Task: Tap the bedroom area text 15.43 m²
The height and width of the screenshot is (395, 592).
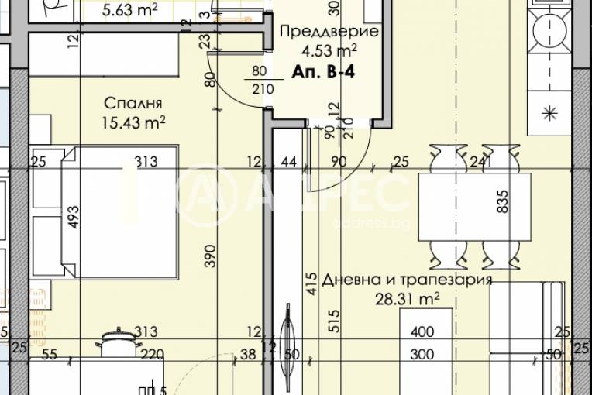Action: coord(134,122)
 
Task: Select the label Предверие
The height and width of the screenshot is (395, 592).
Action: coord(328,33)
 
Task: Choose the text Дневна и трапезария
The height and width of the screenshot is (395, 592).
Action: coord(408,280)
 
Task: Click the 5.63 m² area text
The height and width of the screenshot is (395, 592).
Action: coord(130,10)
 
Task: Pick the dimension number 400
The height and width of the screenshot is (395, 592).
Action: coord(423,332)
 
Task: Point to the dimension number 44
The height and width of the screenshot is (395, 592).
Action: coord(290,162)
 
